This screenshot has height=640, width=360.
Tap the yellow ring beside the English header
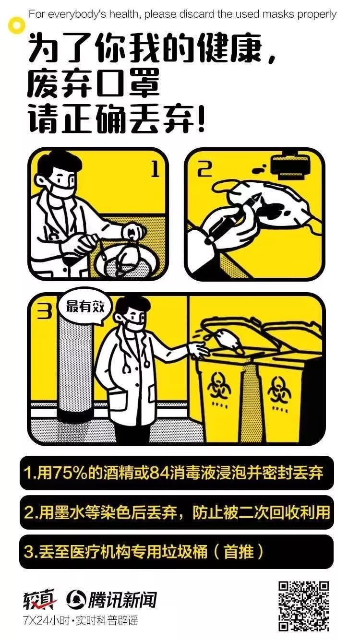point(17,25)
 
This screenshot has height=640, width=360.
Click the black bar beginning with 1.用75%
point(177,473)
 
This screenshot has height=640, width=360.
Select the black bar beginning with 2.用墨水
point(177,512)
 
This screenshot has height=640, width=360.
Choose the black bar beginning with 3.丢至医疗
point(177,552)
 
